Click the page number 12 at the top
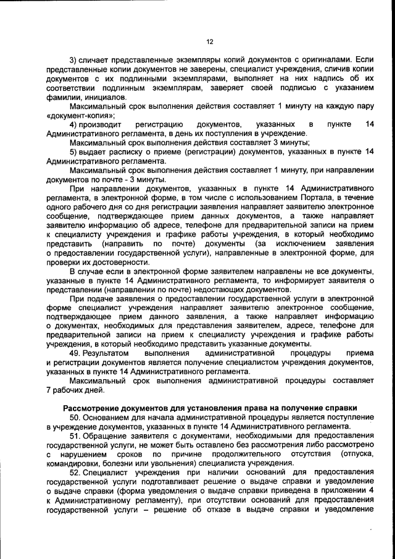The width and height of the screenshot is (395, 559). coord(209,42)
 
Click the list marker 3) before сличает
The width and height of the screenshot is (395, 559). coord(73,59)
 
